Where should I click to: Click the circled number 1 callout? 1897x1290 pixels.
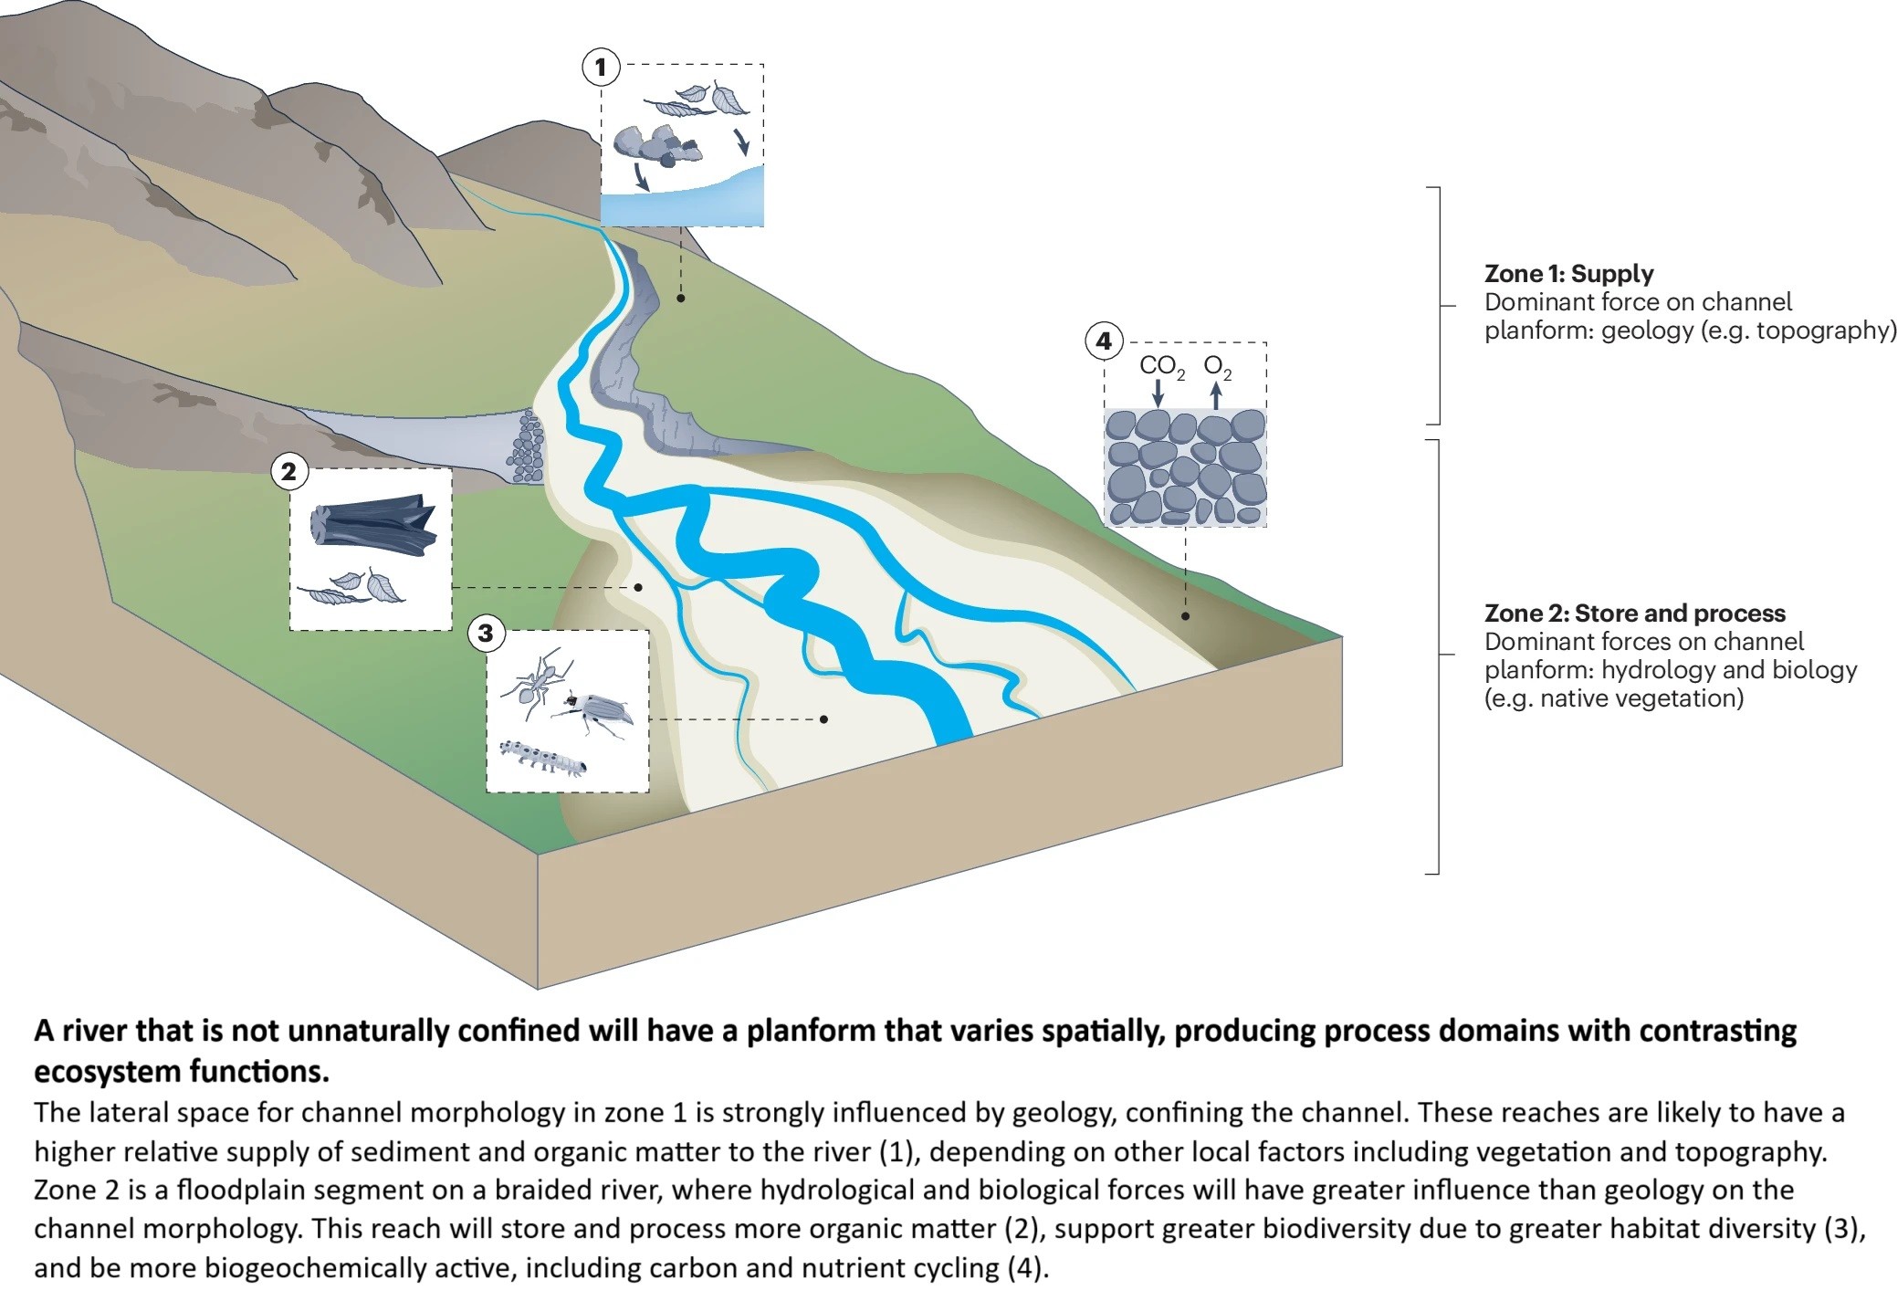[601, 67]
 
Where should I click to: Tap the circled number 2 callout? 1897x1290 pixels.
[289, 472]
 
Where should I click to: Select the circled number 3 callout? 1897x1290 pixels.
[486, 633]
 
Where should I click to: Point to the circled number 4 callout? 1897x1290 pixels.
[1104, 341]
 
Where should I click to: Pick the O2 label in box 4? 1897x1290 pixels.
[1217, 367]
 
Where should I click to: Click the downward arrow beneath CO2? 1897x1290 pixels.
[1158, 393]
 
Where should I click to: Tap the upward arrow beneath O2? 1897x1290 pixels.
[1216, 395]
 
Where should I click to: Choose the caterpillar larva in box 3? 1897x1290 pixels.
[543, 758]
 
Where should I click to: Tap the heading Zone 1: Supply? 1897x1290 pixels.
[1568, 274]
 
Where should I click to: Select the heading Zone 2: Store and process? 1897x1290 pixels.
[1634, 614]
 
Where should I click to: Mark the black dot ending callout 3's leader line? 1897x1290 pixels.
[823, 719]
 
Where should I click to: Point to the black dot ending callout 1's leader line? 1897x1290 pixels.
[681, 298]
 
